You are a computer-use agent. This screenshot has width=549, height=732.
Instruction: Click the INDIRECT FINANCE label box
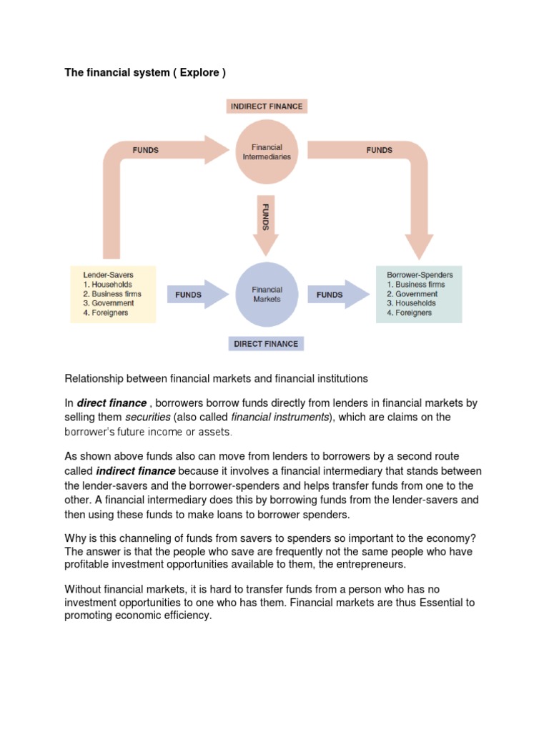266,107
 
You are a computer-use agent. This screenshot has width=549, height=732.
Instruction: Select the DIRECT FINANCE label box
266,344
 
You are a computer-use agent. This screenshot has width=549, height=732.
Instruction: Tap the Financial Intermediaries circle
266,152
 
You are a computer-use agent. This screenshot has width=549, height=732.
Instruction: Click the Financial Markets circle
267,295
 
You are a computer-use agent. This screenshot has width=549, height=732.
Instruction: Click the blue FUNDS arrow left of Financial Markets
194,295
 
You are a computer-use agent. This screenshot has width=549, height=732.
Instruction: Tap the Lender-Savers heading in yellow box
108,274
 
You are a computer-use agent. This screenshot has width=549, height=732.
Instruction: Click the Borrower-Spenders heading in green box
419,274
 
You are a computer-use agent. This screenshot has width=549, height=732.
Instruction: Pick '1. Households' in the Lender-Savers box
108,284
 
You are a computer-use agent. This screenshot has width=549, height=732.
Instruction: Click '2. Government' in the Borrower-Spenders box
412,294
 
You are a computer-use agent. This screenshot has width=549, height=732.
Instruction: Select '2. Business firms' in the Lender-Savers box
112,294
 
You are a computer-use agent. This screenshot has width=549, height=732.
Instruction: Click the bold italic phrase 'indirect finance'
135,471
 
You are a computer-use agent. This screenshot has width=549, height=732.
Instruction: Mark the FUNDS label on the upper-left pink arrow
146,151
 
